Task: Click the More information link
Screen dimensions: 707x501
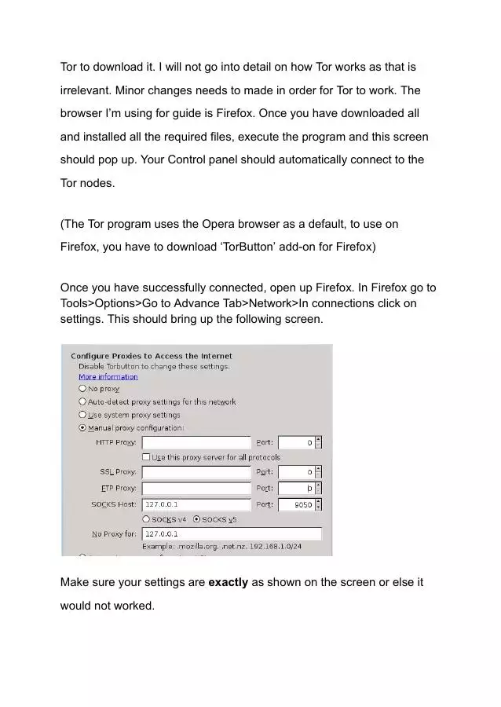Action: [x=108, y=377]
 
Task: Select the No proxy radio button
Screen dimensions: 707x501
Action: [x=82, y=389]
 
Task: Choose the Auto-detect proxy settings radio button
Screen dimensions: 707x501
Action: [x=82, y=401]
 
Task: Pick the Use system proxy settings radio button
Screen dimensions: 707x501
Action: [x=82, y=415]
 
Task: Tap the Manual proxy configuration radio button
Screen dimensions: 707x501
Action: [x=82, y=428]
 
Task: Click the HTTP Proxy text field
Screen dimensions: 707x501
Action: [x=196, y=443]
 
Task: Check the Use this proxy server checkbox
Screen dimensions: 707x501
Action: [x=146, y=457]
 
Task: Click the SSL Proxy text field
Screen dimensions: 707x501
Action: [x=196, y=472]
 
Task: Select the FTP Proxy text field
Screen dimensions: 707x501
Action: [x=196, y=489]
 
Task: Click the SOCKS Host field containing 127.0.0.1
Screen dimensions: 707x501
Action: [x=196, y=504]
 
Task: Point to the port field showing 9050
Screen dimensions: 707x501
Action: [x=298, y=505]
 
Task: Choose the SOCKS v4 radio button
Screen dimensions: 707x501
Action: [x=146, y=519]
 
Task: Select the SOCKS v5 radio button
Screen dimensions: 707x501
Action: [x=196, y=519]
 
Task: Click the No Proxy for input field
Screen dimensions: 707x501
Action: [x=232, y=534]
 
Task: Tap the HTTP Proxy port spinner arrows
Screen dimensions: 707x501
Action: [x=318, y=443]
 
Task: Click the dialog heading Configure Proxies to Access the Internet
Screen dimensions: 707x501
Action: [x=152, y=356]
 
